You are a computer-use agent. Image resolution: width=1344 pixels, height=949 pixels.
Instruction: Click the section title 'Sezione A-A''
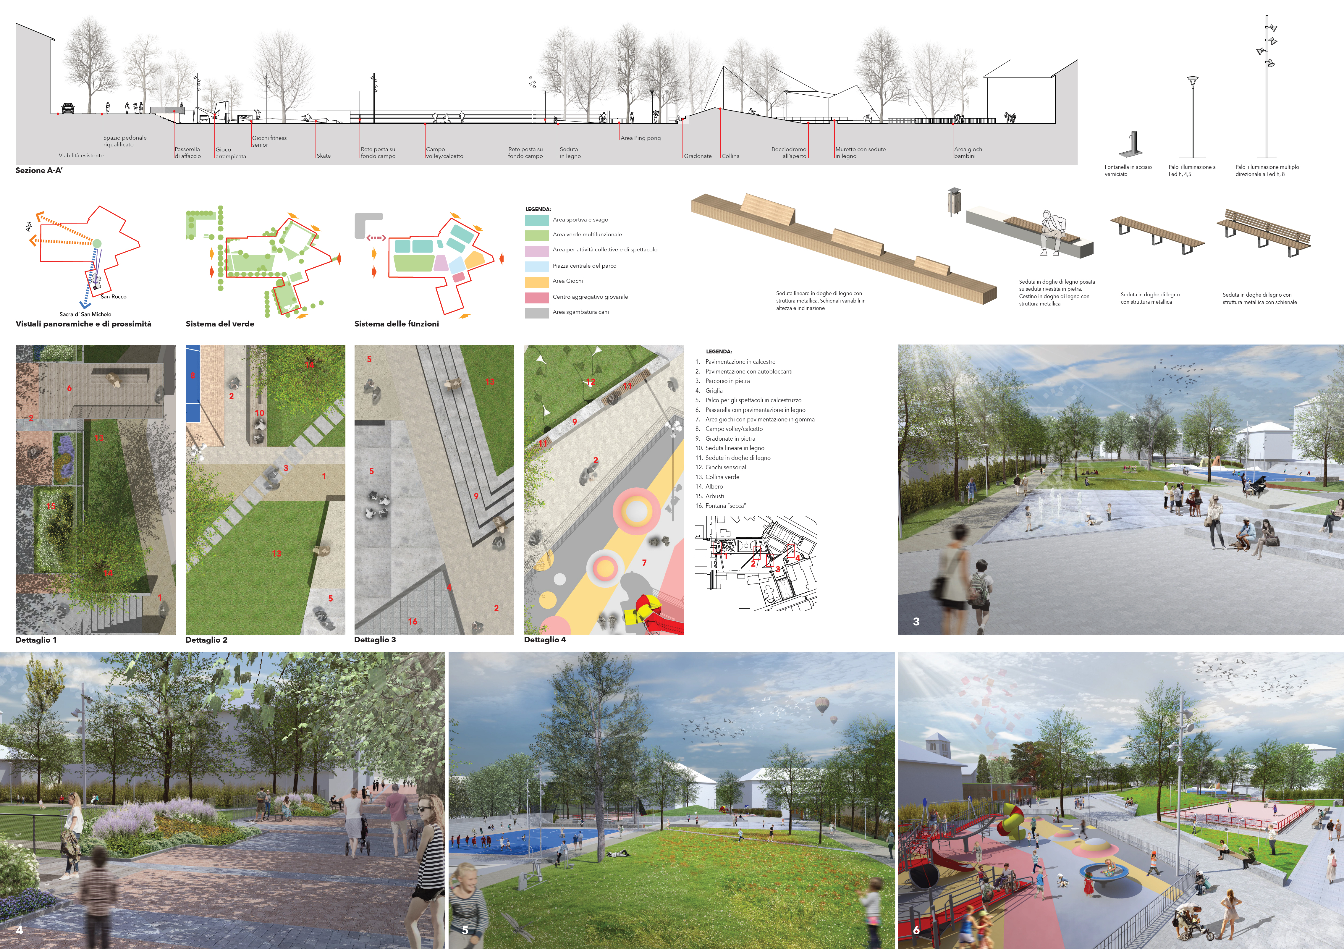[x=39, y=170]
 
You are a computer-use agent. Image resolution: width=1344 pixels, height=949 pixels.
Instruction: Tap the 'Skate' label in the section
[x=324, y=156]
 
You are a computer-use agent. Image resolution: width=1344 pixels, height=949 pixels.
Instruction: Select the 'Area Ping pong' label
[x=641, y=138]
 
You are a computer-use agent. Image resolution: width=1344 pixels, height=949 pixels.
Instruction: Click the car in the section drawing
[x=68, y=108]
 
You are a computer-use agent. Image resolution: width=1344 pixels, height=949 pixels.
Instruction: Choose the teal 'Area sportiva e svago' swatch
[x=536, y=220]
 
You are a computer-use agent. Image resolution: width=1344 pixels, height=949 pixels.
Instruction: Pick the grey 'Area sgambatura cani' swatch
[x=536, y=313]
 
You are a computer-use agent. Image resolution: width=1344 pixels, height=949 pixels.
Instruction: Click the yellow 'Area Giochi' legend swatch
[x=536, y=282]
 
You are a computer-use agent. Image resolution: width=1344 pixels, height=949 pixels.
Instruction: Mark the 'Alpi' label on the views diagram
[x=29, y=226]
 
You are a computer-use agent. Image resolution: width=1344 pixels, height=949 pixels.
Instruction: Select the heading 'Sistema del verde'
[x=219, y=324]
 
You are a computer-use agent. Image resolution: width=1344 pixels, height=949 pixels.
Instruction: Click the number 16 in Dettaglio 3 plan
[x=413, y=621]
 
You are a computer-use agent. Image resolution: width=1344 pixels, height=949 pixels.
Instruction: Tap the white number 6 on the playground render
[x=916, y=930]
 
